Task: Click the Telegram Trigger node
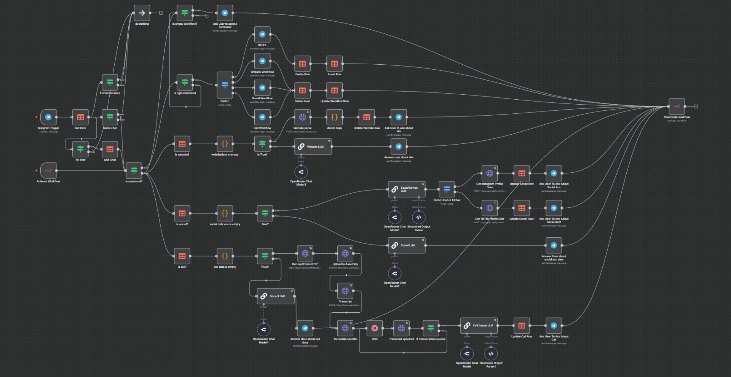tap(48, 117)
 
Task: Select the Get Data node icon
tap(80, 117)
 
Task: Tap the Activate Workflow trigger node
tap(48, 170)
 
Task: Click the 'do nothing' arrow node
tap(142, 13)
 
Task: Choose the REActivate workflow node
tap(677, 107)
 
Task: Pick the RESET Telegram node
tap(262, 34)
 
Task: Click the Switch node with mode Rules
tap(225, 85)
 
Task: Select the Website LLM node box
tap(313, 146)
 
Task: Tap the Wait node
tap(375, 328)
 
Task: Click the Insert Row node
tap(334, 64)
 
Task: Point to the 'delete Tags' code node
tap(334, 117)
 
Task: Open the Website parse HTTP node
tap(302, 117)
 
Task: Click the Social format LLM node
tap(406, 189)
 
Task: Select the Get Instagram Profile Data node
tap(490, 173)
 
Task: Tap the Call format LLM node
tap(479, 326)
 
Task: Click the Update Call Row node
tap(522, 326)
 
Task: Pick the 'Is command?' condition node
tap(134, 170)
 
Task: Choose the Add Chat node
tap(110, 149)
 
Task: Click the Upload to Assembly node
tap(345, 253)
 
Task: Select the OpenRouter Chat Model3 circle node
tap(301, 172)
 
